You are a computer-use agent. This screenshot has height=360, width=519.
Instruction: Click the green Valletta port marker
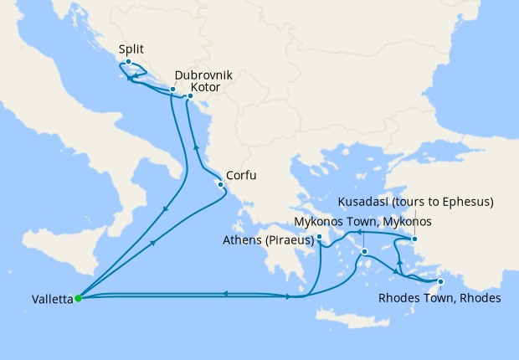coord(77,297)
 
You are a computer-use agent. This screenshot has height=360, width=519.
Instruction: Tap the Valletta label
coord(39,298)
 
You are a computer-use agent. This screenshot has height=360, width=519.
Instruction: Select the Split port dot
coord(128,62)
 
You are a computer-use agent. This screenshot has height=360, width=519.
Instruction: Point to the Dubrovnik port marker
coord(172,89)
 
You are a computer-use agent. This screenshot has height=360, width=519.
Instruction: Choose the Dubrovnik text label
coord(203,75)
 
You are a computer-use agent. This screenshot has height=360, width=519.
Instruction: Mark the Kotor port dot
coord(190,96)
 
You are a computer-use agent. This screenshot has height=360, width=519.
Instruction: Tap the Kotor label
coord(205,87)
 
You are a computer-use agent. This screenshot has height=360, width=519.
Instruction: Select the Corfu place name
coord(241,176)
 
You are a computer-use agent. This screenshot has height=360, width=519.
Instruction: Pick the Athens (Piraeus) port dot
coord(320,238)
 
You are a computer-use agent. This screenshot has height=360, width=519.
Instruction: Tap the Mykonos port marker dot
coord(365,251)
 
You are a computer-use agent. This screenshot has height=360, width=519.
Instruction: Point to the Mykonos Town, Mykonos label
coord(363,222)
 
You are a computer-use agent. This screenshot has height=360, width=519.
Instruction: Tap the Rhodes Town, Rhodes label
coord(439,298)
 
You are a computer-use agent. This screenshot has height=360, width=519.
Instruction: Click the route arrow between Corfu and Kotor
coord(197,147)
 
